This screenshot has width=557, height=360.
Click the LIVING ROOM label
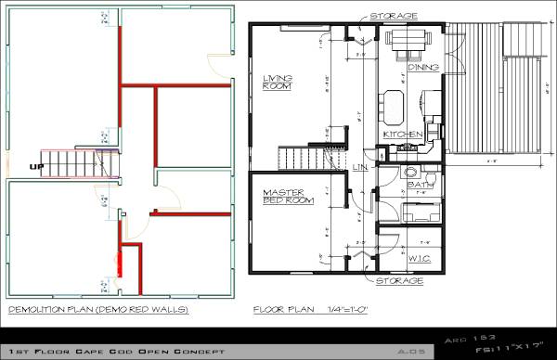point(278,83)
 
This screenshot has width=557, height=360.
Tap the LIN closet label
point(360,166)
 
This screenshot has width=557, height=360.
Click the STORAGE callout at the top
point(393,16)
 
